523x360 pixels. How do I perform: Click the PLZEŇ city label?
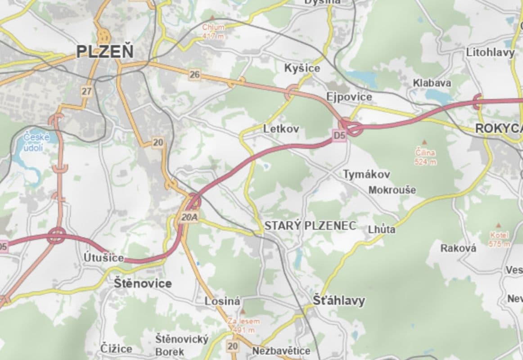coord(105,51)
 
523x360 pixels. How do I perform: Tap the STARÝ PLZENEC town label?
coord(310,226)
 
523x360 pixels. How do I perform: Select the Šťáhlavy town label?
coord(339,300)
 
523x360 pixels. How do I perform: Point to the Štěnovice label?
coord(143,283)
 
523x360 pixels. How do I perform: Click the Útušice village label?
coord(104,258)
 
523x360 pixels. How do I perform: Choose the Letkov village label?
coord(281,129)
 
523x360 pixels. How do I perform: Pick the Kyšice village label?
coord(302,68)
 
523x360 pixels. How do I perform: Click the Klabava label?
coord(432,83)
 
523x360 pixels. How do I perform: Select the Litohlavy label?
coord(490,53)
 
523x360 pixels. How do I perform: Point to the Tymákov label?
coord(367,174)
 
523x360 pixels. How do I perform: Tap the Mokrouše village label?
coord(392,190)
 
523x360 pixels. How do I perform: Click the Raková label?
coord(458,248)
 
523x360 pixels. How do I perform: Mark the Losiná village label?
coord(223,301)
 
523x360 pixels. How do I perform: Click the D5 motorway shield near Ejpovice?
coord(339,135)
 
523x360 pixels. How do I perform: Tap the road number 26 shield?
coord(194,75)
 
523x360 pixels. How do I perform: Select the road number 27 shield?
coord(87,91)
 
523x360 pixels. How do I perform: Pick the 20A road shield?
coord(190,218)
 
